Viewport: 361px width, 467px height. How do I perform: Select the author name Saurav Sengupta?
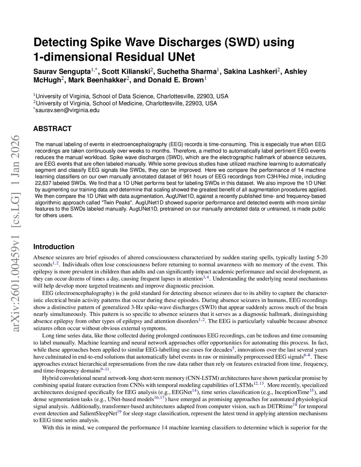62,72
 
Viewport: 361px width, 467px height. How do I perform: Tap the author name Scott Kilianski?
126,72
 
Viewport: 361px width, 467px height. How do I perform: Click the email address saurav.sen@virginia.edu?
68,110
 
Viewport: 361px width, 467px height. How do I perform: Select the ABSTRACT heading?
52,129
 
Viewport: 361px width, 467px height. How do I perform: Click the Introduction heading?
54,247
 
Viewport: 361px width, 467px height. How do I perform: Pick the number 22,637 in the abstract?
43,183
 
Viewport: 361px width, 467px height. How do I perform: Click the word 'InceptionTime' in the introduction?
292,392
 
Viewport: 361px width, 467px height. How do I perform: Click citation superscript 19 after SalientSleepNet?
119,412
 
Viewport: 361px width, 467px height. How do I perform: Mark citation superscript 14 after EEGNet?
194,391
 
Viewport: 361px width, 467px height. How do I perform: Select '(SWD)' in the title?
242,42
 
